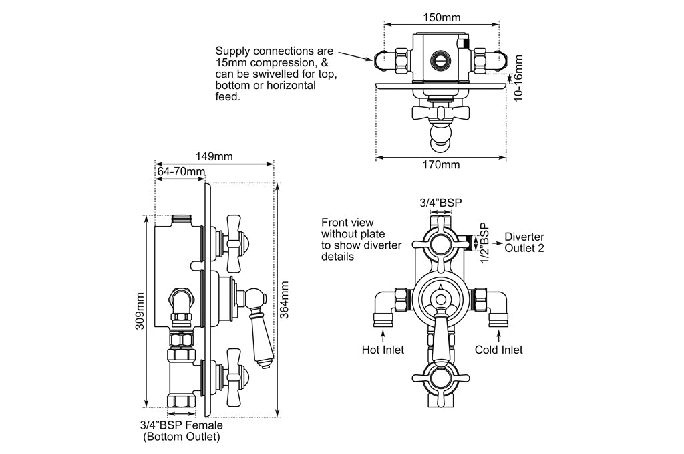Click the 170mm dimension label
pyautogui.click(x=442, y=164)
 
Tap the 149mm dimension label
pyautogui.click(x=214, y=156)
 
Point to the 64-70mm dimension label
pyautogui.click(x=180, y=172)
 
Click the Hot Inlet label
pyautogui.click(x=383, y=350)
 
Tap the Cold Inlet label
pyautogui.click(x=498, y=350)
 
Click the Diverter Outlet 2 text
pyautogui.click(x=524, y=243)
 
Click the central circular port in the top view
pyautogui.click(x=441, y=59)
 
